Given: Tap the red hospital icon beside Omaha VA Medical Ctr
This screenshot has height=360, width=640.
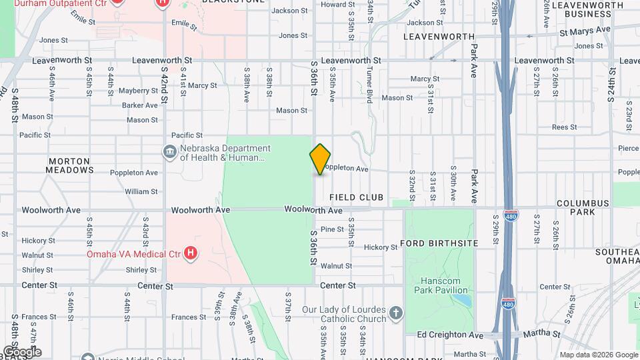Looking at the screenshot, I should tap(191, 253).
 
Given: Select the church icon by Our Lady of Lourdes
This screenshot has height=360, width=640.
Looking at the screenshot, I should tap(396, 313).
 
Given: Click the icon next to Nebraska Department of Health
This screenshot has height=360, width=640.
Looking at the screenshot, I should tap(170, 153).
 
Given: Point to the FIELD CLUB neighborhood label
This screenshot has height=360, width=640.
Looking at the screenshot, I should tap(356, 197).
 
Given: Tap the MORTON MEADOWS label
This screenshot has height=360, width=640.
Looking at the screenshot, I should tap(70, 165).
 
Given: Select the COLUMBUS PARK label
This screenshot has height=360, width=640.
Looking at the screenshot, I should tap(582, 207).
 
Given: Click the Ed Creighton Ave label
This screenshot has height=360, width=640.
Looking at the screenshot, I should tap(449, 335).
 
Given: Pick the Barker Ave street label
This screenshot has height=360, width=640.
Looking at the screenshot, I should tap(139, 105).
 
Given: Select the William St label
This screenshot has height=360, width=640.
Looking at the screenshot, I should tap(141, 191).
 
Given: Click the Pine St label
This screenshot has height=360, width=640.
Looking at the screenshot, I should tap(331, 229).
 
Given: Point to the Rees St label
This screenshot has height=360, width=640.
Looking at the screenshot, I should tap(564, 127).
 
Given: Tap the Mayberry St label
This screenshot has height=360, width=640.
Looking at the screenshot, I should tap(138, 91).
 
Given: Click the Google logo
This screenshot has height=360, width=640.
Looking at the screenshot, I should tap(22, 351).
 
